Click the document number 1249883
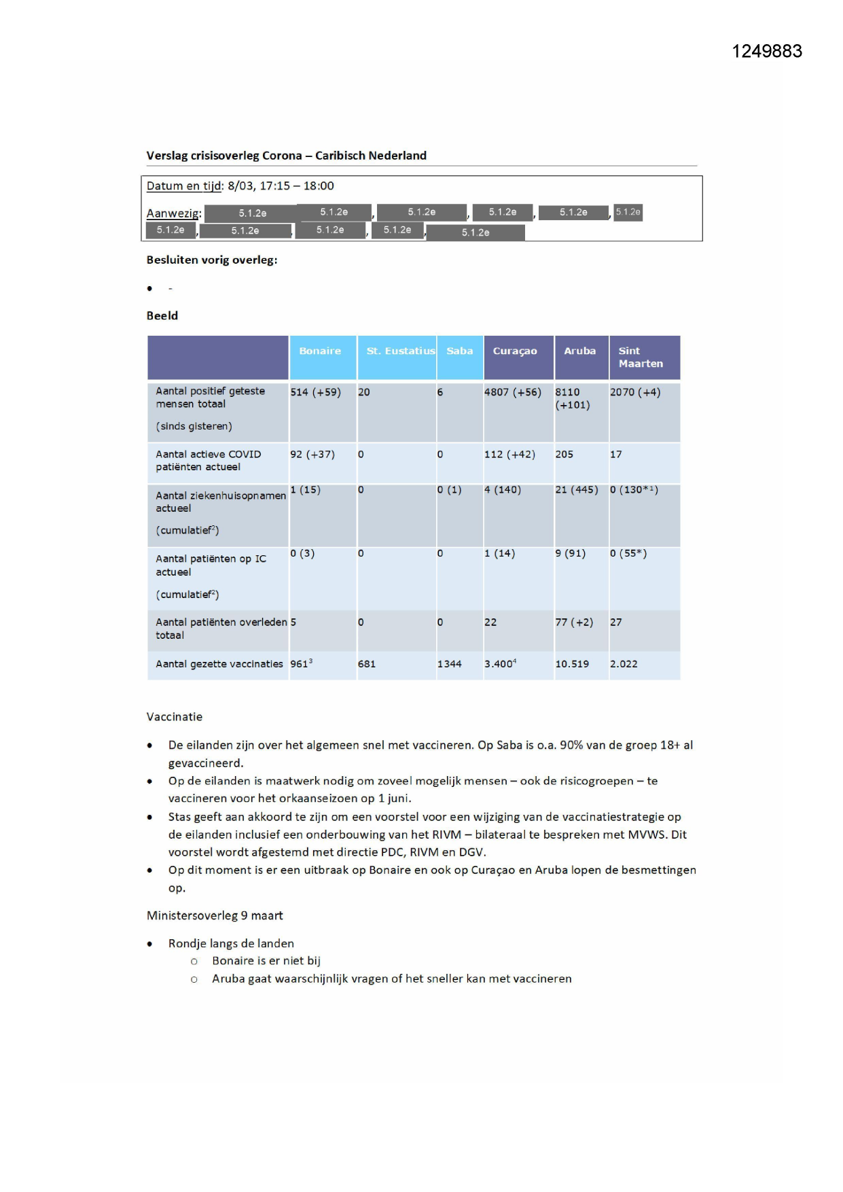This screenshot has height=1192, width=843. [x=766, y=52]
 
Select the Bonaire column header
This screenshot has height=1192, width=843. [x=320, y=351]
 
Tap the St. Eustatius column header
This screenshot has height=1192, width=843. [x=400, y=351]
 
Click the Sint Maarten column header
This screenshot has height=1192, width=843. [x=640, y=357]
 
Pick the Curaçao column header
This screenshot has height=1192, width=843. [x=514, y=351]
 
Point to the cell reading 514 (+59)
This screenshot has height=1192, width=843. [x=315, y=392]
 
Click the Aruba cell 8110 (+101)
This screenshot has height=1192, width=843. [x=573, y=398]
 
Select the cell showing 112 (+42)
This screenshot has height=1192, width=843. [x=509, y=455]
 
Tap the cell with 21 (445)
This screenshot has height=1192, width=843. [x=576, y=490]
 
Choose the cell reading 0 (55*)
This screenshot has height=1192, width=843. [x=628, y=553]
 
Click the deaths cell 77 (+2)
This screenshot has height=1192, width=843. [x=574, y=623]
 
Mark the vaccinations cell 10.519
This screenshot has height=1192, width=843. [x=572, y=664]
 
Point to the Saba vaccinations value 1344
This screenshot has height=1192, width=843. [x=449, y=664]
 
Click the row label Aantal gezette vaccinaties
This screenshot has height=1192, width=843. [x=219, y=664]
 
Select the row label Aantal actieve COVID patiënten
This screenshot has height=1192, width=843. [x=208, y=461]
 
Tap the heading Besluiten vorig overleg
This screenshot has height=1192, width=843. [x=212, y=260]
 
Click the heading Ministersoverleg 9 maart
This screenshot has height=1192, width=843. [x=215, y=915]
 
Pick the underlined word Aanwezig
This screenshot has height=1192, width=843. [x=173, y=213]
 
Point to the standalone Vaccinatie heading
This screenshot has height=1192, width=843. [x=175, y=717]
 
